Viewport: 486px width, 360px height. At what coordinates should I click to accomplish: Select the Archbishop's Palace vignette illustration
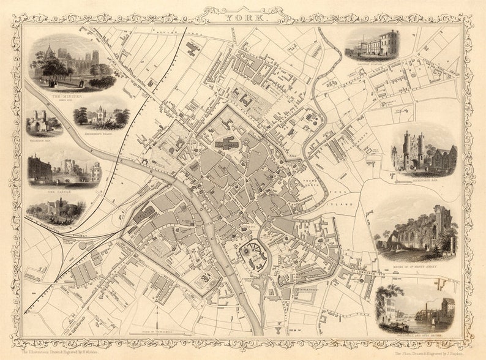pos(101,116)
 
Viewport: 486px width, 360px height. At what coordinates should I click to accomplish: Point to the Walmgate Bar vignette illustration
pos(43,122)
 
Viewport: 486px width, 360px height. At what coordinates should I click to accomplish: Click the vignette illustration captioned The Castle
pos(64,170)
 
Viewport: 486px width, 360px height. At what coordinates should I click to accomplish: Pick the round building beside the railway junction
pos(82,246)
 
